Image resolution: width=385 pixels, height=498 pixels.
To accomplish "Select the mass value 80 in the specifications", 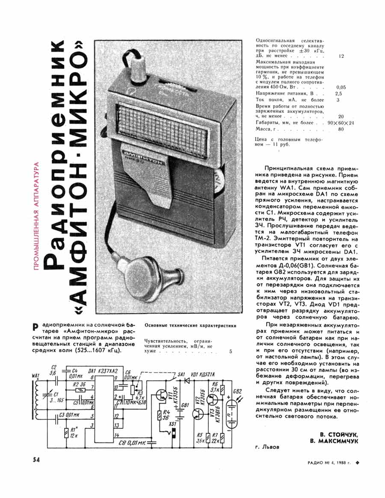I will (341, 129).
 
